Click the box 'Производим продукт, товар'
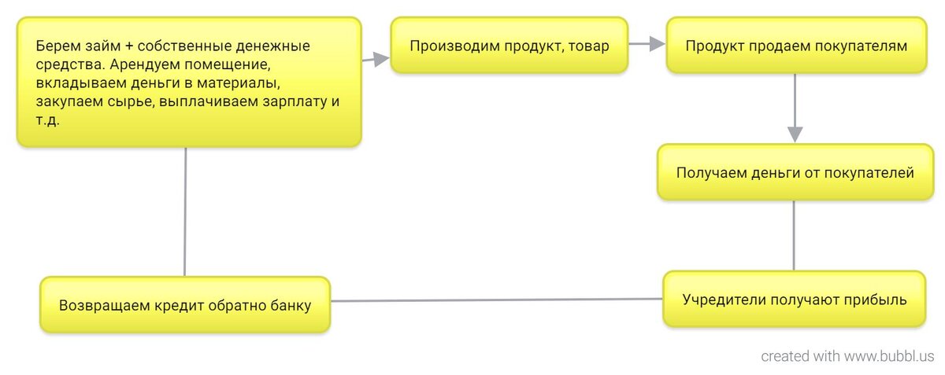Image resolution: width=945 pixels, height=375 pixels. [x=510, y=46]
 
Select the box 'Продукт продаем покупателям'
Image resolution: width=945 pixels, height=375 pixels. [x=796, y=46]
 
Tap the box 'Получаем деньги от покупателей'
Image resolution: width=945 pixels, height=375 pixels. [x=795, y=172]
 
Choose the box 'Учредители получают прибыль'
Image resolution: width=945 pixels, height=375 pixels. [x=795, y=300]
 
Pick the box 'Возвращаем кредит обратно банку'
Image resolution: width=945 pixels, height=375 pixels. [x=185, y=305]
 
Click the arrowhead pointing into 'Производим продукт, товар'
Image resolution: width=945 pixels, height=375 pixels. [x=382, y=58]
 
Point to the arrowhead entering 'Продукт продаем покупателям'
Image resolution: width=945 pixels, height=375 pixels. [x=658, y=46]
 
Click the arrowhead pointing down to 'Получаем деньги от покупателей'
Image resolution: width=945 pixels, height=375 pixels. [x=795, y=134]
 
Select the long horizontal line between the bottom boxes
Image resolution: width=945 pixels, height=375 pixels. [x=496, y=300]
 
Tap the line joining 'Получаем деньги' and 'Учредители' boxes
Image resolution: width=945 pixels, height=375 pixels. [x=794, y=236]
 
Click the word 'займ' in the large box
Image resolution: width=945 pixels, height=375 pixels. [x=99, y=46]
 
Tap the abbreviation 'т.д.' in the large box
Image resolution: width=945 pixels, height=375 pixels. [x=48, y=122]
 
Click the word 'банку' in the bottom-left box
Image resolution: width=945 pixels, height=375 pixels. [x=288, y=305]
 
